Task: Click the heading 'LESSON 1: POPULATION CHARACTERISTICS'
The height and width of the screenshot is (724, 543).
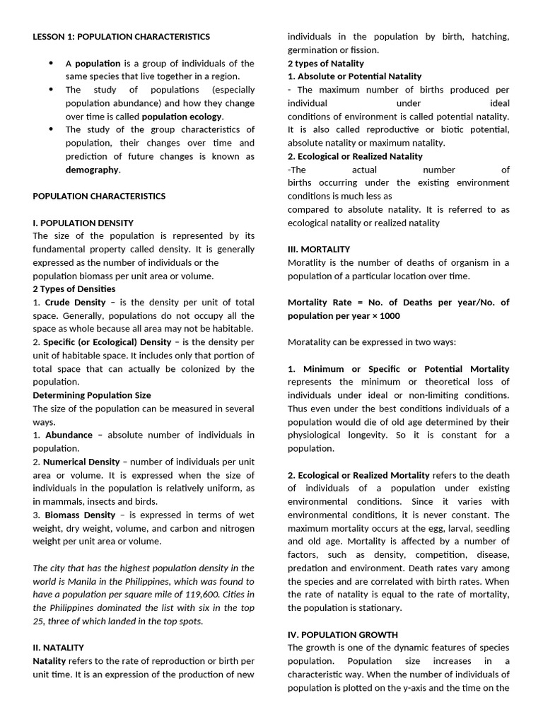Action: click(121, 36)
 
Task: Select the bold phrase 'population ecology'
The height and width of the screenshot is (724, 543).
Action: click(182, 117)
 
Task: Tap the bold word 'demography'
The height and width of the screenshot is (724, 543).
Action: click(93, 170)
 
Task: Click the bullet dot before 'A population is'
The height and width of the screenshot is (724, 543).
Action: click(51, 64)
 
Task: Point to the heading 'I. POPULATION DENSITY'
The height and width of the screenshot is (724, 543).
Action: click(83, 223)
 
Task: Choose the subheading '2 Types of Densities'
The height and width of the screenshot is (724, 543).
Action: click(74, 289)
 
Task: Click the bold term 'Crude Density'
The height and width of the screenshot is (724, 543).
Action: click(76, 303)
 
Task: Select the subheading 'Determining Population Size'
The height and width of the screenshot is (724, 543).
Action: click(92, 395)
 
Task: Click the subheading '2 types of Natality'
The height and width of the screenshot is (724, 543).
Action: click(326, 64)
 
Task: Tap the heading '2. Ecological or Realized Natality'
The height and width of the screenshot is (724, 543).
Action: click(355, 156)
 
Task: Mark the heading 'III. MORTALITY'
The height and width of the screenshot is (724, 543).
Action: click(319, 250)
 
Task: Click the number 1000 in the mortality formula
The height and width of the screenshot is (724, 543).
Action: click(390, 316)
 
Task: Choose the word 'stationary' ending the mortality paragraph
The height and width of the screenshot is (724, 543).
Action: click(378, 608)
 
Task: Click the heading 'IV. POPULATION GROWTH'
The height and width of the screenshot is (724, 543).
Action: click(343, 635)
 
